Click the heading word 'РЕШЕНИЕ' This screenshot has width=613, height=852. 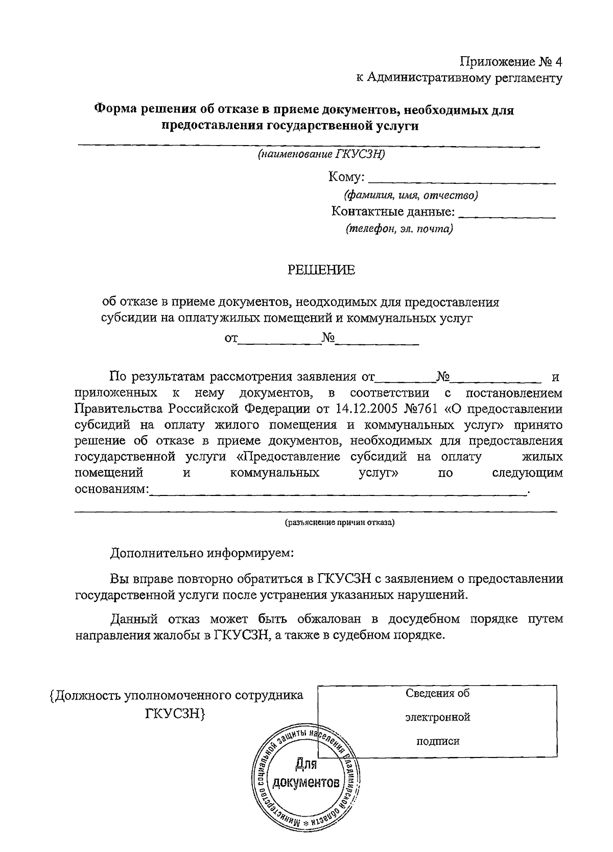(x=321, y=270)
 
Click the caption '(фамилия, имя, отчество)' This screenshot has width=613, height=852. (x=411, y=195)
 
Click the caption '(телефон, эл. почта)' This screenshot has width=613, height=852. (x=399, y=229)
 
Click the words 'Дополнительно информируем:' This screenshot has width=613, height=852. (x=202, y=553)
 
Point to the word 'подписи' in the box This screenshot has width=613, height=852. (x=438, y=741)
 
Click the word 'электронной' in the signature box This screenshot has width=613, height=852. (x=438, y=717)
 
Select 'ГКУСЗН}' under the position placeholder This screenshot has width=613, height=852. (x=176, y=714)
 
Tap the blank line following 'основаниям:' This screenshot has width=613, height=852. (x=340, y=491)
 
